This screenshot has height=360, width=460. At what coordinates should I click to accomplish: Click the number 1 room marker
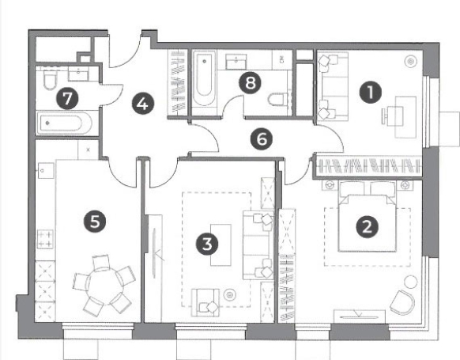pos(371,93)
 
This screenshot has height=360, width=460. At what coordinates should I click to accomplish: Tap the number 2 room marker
pos(367,227)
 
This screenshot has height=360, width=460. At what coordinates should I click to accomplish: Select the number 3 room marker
pos(207,244)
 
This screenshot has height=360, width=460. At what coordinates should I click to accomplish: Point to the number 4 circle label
pos(143,104)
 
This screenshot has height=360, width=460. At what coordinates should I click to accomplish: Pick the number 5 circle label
pos(95,221)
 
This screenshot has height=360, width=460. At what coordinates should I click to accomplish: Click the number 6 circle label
pos(262,139)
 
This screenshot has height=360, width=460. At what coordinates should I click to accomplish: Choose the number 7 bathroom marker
pos(67,98)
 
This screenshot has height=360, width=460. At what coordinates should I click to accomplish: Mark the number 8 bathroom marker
pos(250,82)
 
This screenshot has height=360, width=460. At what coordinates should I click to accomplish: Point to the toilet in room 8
pos(279,99)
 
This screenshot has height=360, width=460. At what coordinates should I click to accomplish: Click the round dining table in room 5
pos(104,286)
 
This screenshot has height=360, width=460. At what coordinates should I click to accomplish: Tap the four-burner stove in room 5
pos(46,239)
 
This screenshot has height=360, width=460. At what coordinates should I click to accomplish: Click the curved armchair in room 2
pos(402,302)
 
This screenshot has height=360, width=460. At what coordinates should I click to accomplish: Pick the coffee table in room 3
pos(221,245)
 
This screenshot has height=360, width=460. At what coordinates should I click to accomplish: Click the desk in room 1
pos(405,117)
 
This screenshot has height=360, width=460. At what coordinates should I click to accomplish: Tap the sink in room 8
pos(236,62)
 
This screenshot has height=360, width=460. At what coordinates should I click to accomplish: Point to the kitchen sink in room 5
pos(46,171)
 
